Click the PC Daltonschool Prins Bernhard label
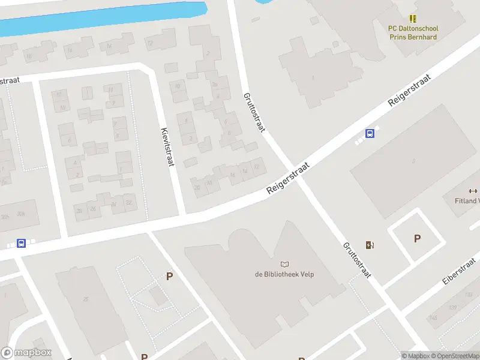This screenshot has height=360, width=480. click(413, 32)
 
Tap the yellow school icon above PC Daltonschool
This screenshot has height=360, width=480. click(413, 19)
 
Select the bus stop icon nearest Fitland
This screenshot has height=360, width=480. click(371, 134)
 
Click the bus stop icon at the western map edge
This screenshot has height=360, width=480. click(22, 244)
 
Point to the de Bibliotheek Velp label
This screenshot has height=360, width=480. click(284, 275)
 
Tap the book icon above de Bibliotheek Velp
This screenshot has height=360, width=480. click(284, 264)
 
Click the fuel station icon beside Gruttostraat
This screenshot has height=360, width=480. click(370, 244)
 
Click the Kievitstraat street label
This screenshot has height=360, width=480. click(167, 147)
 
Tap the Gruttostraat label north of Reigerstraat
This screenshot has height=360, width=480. click(254, 112)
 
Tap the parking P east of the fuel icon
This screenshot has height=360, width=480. click(417, 238)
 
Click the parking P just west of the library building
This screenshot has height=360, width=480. click(170, 277)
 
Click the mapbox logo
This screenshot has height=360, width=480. click(26, 353)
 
